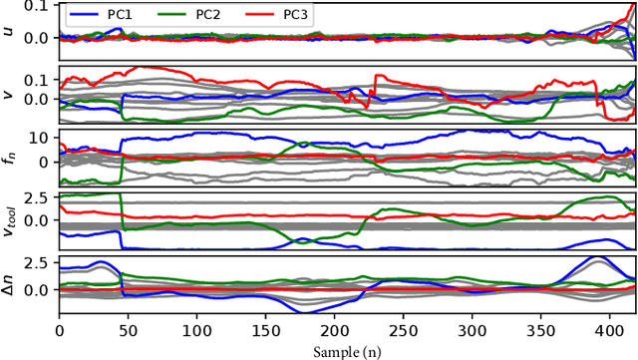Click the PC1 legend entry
[x=105, y=16]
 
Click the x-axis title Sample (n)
[x=346, y=351]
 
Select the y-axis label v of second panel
[x=9, y=94]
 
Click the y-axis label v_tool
[x=9, y=221]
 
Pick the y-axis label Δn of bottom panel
[x=9, y=285]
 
